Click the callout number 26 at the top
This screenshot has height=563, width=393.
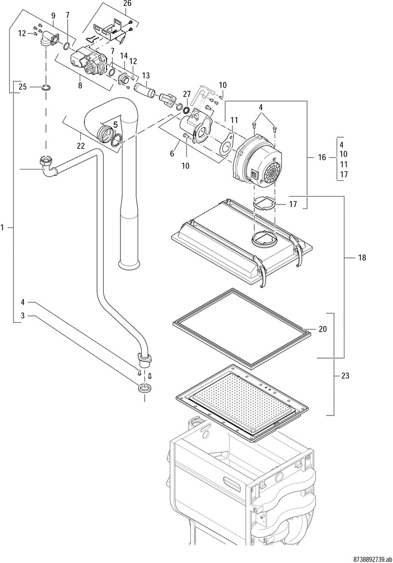pyautogui.click(x=127, y=3)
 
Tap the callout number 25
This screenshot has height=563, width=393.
pyautogui.click(x=22, y=86)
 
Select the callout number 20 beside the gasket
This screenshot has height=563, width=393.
pyautogui.click(x=323, y=329)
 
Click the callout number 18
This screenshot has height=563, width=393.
pyautogui.click(x=362, y=258)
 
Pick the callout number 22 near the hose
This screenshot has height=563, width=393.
pyautogui.click(x=80, y=146)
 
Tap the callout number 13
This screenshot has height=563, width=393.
pyautogui.click(x=145, y=75)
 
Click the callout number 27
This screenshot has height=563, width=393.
pyautogui.click(x=187, y=94)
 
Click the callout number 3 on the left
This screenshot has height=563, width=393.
pyautogui.click(x=23, y=315)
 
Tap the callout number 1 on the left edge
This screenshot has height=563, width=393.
pyautogui.click(x=3, y=227)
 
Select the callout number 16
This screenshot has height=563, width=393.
pyautogui.click(x=322, y=156)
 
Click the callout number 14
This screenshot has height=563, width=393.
pyautogui.click(x=124, y=55)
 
